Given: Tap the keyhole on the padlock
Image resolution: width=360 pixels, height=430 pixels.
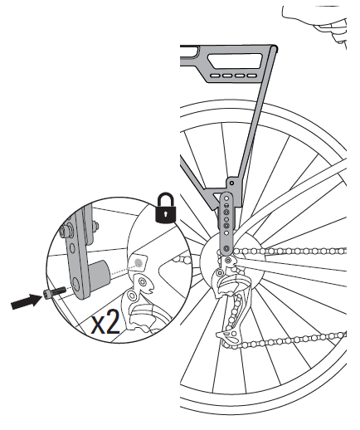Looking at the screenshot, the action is [166, 213].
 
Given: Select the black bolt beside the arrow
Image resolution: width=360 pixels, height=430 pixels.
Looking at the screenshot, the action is [54, 292].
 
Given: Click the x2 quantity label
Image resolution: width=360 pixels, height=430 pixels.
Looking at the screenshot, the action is [105, 323].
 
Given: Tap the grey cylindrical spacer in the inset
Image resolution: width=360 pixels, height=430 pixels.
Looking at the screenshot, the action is [99, 272].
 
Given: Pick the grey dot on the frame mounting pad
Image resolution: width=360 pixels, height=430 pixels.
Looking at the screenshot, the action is [138, 262].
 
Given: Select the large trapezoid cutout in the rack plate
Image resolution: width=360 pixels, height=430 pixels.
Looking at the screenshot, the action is [235, 61].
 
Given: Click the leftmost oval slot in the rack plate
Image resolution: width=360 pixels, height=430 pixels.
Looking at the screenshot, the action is [215, 76].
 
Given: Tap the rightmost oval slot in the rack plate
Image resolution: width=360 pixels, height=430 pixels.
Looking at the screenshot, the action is [252, 76].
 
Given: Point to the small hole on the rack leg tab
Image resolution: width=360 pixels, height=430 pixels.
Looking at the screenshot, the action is [231, 183].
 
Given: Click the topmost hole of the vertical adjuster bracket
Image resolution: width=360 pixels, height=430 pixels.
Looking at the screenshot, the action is [226, 198].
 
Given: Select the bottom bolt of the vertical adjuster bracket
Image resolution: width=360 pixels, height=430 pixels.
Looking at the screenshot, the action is [226, 247].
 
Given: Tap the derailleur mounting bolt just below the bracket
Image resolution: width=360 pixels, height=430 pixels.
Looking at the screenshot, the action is [228, 260].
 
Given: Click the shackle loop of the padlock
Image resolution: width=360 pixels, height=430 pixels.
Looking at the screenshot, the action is [166, 198].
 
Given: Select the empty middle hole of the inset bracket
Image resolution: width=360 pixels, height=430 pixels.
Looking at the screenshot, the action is [72, 247].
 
